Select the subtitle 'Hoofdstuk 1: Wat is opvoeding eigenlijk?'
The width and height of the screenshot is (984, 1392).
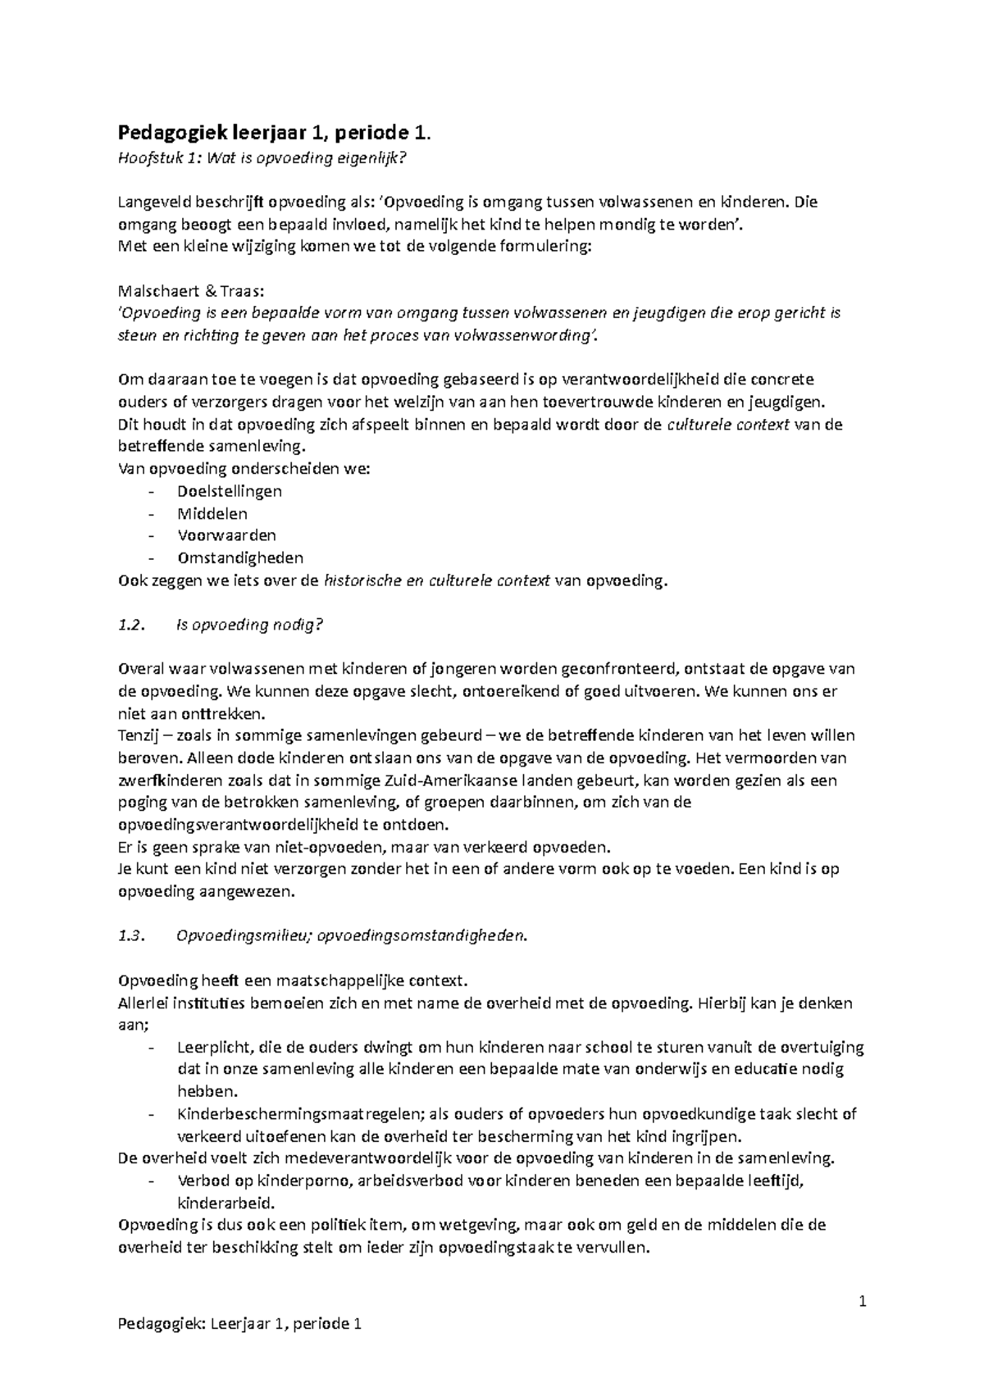click(262, 157)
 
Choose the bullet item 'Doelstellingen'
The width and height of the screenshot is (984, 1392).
click(229, 492)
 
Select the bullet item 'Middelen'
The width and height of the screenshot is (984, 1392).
click(212, 514)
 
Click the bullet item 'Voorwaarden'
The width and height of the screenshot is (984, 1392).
click(226, 536)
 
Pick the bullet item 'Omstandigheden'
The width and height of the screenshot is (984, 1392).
click(239, 558)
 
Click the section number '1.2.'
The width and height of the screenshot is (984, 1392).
click(131, 625)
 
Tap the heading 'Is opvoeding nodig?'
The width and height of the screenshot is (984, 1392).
click(250, 625)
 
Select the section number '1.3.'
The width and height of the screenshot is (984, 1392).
click(131, 937)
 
